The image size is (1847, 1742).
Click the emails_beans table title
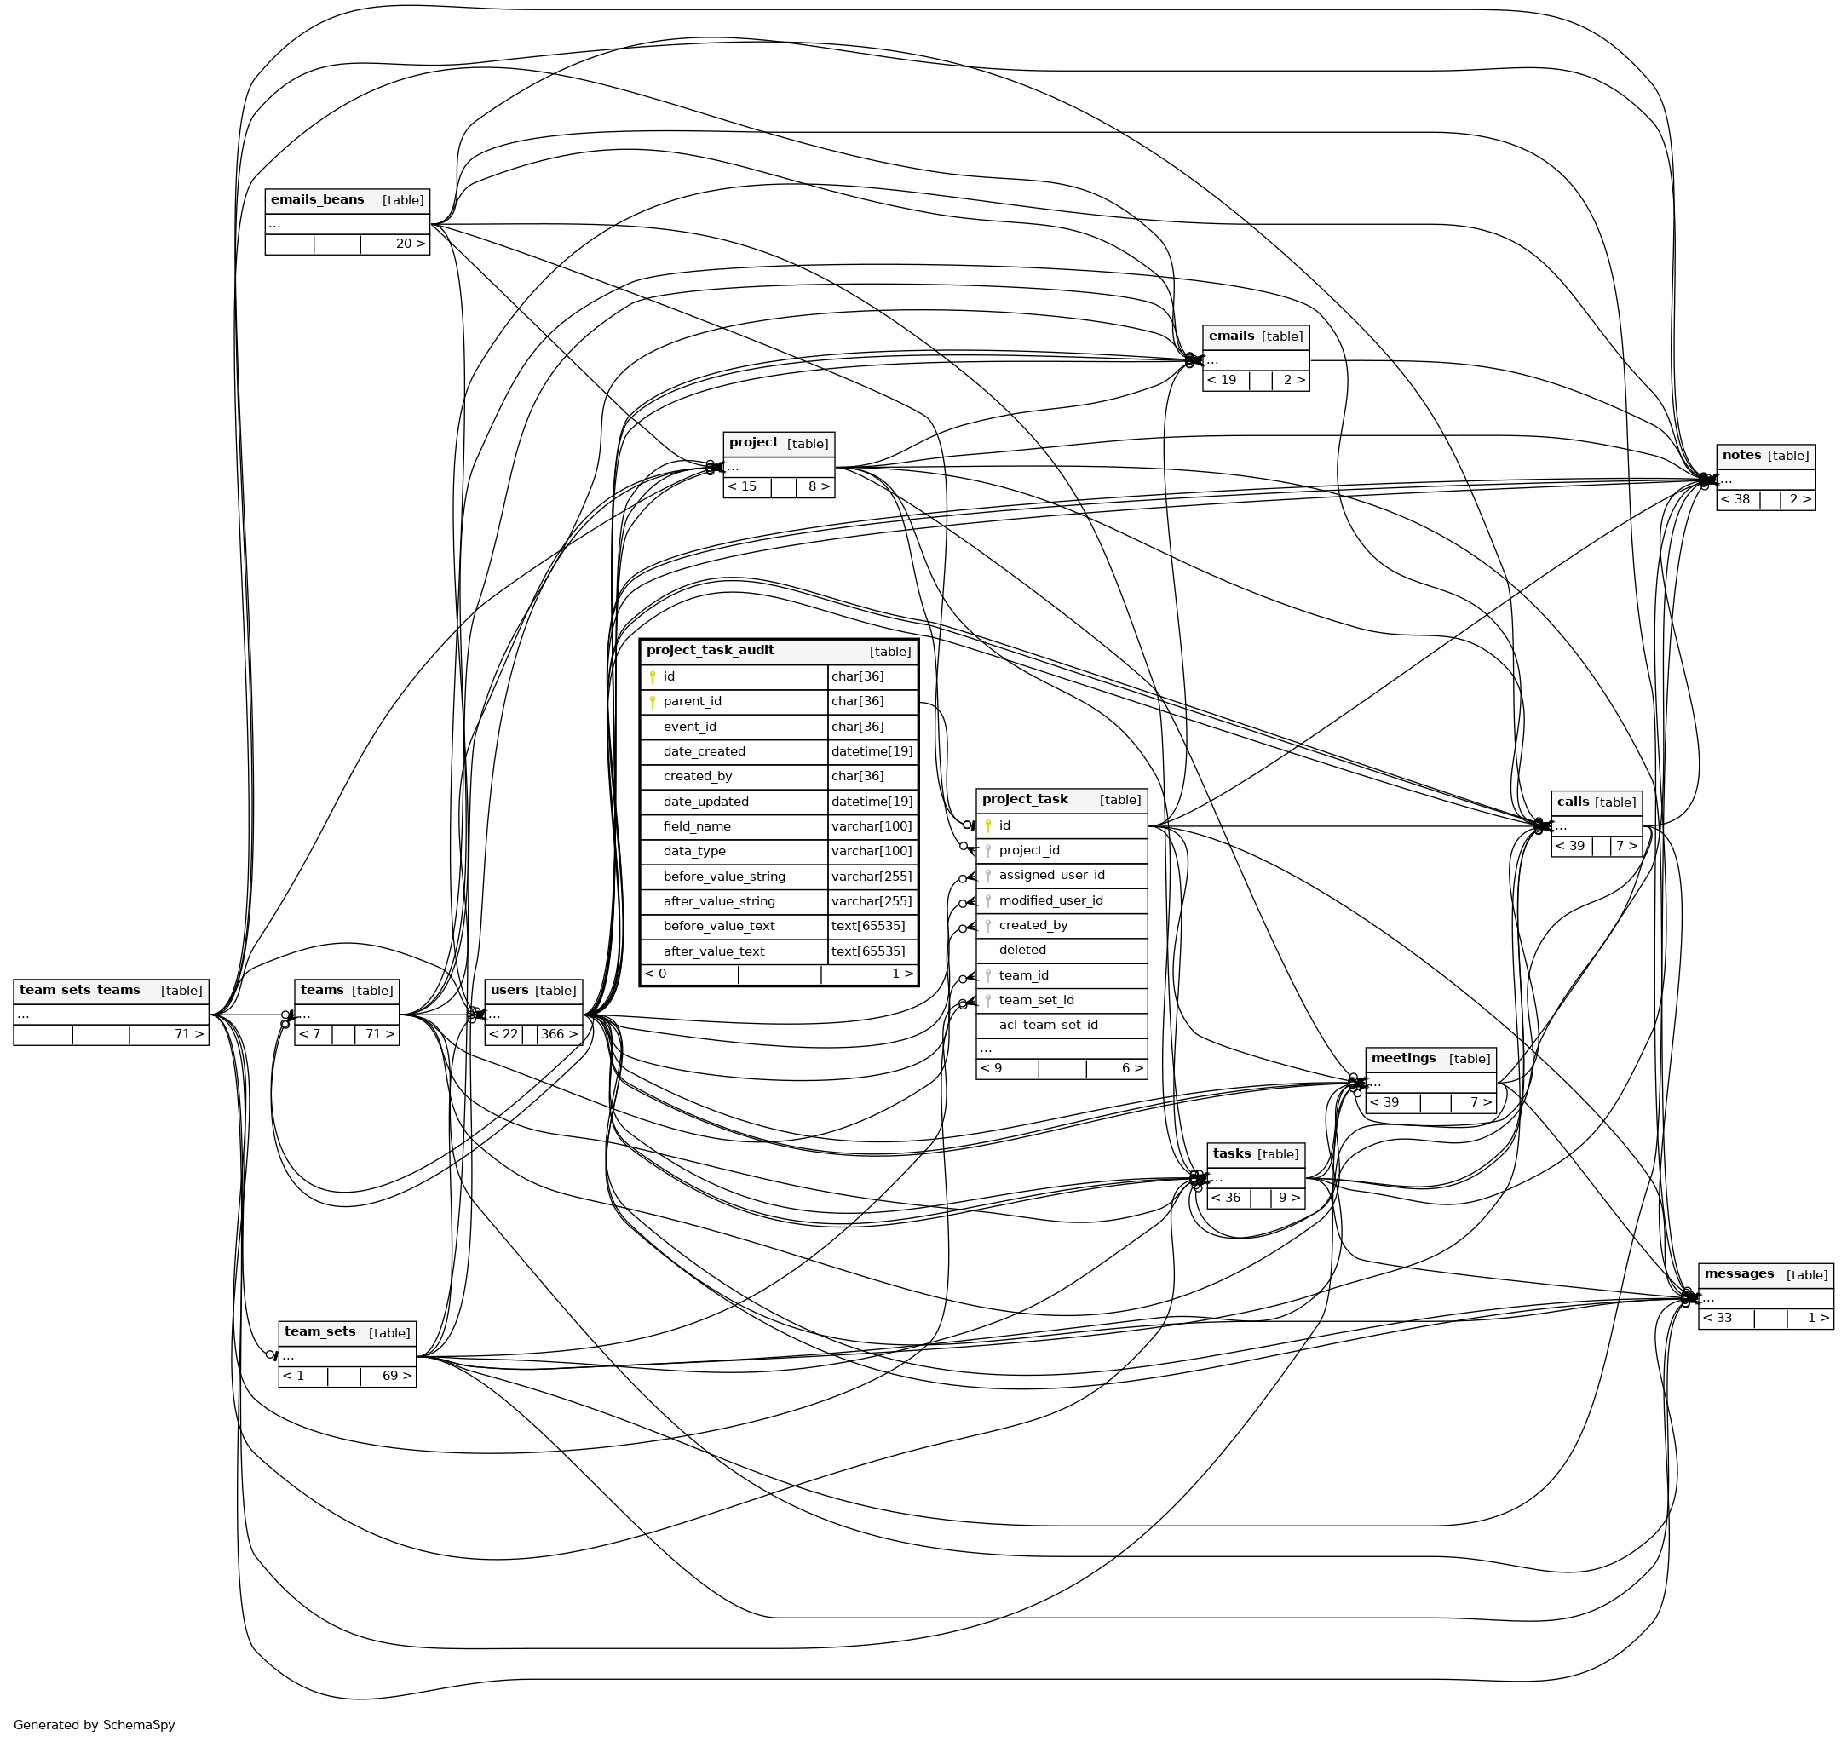[318, 199]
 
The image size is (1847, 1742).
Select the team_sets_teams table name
[80, 991]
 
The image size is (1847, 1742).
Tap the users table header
[509, 991]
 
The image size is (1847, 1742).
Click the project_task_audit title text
[710, 650]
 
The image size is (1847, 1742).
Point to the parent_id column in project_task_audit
[692, 701]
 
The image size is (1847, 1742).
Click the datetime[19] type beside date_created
[872, 751]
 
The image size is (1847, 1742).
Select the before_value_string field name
[724, 876]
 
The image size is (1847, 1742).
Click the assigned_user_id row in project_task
[1051, 875]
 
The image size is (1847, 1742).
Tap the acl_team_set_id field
[1048, 1025]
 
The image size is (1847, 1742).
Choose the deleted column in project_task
[1022, 950]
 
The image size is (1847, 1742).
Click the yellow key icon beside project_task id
[988, 825]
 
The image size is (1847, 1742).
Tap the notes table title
[1742, 455]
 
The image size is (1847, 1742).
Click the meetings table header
[1404, 1058]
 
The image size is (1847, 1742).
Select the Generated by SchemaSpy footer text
[94, 1724]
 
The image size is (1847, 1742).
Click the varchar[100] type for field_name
[872, 826]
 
